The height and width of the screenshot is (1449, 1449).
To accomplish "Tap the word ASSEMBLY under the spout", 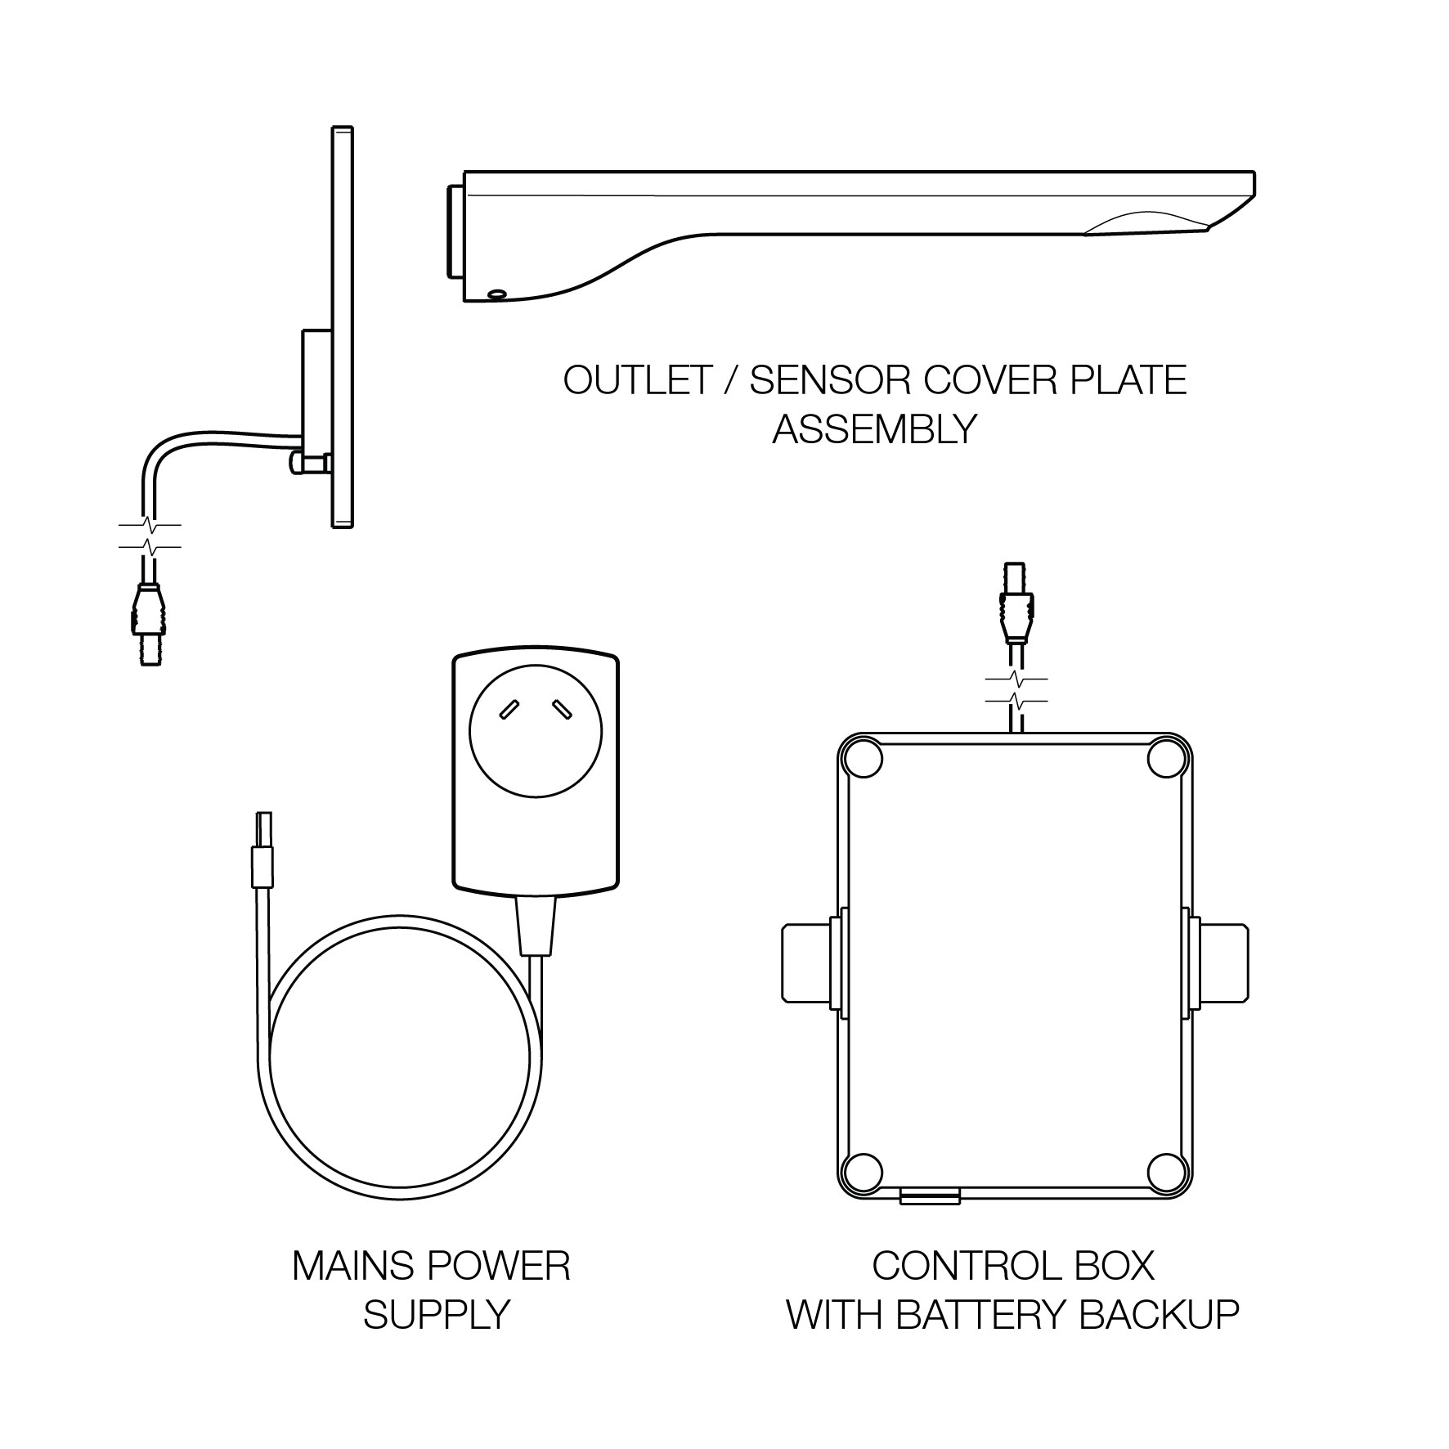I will point(874,428).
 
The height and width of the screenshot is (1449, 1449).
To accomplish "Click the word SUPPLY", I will point(436,1315).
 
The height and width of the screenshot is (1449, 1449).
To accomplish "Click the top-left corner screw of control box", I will point(864,759).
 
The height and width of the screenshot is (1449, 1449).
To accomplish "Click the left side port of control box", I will point(805,962).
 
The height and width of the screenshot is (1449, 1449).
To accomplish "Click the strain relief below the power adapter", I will point(536,925).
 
